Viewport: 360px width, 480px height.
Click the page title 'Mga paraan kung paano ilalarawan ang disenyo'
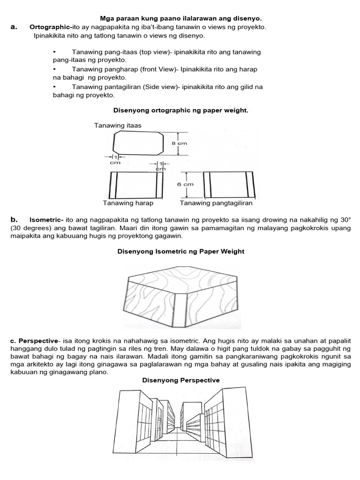point(180,18)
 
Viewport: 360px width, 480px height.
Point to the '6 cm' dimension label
point(185,184)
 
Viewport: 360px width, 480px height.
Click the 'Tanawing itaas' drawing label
point(118,125)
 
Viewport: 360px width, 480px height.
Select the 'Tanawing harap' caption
point(128,203)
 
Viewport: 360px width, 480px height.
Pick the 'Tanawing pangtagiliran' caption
point(216,203)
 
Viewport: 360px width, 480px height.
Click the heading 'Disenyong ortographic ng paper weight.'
point(180,110)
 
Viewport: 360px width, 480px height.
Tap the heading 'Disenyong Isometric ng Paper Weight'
point(180,251)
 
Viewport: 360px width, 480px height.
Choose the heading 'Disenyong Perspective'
point(180,380)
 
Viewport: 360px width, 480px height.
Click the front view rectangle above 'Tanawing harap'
point(136,185)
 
